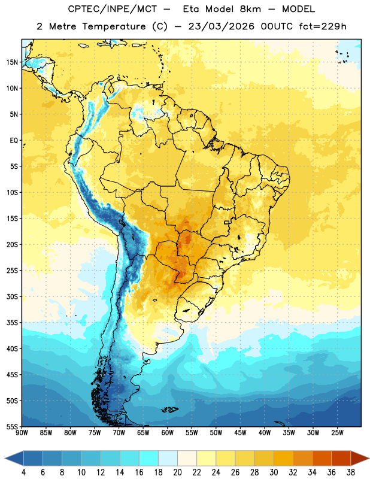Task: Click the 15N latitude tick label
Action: click(12, 62)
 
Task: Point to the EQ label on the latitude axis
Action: click(14, 141)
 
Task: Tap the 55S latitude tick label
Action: click(12, 426)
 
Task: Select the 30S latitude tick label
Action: click(12, 296)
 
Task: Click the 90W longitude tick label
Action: click(22, 433)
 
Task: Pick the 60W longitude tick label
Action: click(168, 433)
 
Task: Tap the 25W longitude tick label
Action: click(337, 433)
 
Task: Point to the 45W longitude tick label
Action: click(240, 433)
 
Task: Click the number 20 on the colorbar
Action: click(177, 472)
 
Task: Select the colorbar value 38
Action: click(350, 472)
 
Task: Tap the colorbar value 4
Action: click(23, 472)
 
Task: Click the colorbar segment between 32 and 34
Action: click(302, 458)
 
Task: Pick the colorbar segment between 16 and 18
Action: click(148, 458)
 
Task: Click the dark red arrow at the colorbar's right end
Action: click(360, 458)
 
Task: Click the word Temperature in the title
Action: click(114, 26)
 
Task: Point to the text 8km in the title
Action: click(250, 9)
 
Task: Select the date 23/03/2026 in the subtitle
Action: click(221, 26)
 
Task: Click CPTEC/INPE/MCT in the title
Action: click(112, 9)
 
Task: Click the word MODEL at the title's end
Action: click(298, 9)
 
